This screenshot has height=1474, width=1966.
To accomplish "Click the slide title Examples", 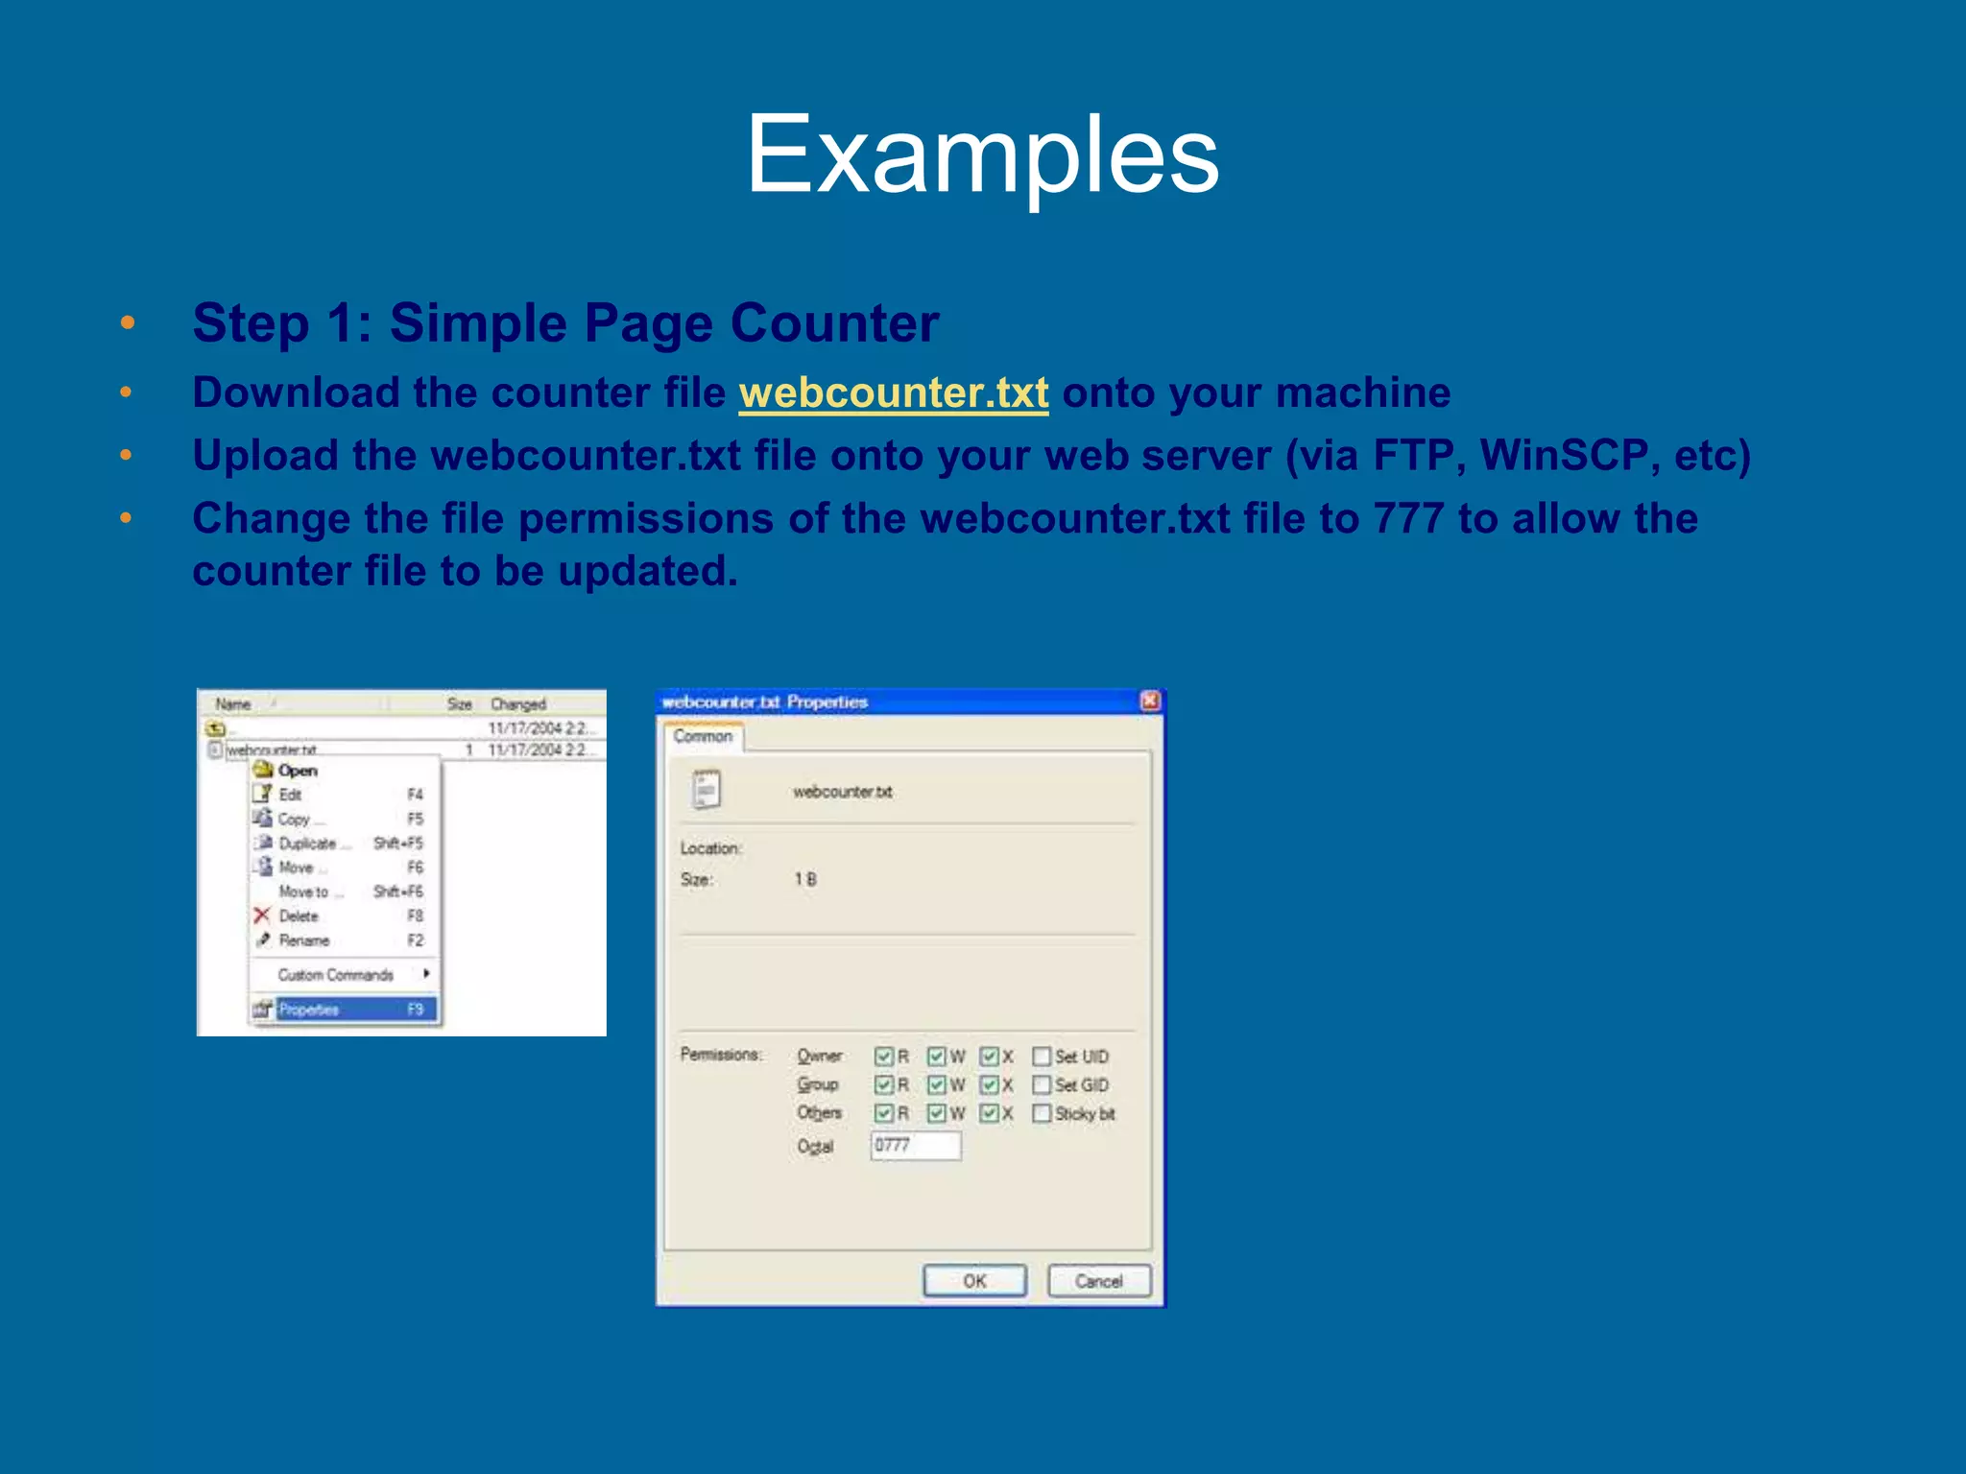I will point(982,154).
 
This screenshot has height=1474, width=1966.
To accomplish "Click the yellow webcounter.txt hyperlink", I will point(893,392).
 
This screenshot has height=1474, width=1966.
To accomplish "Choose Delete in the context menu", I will point(299,916).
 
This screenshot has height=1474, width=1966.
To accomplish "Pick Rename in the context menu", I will point(304,940).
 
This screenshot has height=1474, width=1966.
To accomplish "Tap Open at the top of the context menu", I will point(298,771).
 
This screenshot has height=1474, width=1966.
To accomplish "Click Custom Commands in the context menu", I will point(336,975).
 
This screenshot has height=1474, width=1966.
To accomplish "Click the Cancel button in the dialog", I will point(1098,1281).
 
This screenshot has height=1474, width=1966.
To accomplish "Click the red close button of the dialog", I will point(1150,701).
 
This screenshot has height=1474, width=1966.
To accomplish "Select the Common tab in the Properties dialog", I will point(703,737).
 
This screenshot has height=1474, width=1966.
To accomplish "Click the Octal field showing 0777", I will point(915,1145).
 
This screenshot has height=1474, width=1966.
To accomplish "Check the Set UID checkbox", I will point(1042,1057).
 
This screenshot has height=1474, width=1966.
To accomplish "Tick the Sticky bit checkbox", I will point(1042,1113).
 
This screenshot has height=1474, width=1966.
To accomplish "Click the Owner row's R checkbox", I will point(884,1057).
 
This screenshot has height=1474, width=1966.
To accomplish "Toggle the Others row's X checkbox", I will point(990,1113).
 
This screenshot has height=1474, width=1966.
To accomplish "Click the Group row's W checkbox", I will point(937,1084).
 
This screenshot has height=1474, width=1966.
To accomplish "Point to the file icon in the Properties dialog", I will point(707,791).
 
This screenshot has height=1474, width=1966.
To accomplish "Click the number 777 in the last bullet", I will point(1408,519).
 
